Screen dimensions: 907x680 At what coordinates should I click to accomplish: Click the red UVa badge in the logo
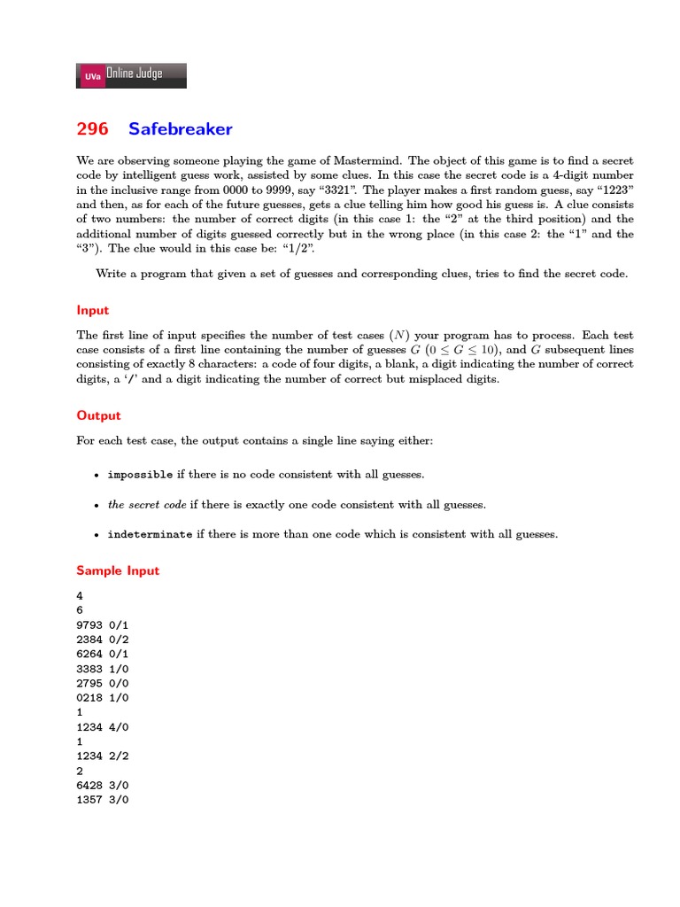point(92,77)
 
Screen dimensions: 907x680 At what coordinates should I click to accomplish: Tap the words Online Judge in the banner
point(134,74)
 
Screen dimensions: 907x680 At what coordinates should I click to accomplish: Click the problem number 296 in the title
point(92,129)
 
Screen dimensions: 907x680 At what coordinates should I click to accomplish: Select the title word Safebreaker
point(180,129)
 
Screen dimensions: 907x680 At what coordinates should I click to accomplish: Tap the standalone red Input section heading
point(93,311)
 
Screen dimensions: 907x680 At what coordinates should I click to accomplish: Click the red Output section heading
point(98,415)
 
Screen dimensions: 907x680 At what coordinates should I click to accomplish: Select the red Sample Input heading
point(118,570)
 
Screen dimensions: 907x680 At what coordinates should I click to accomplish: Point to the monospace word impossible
point(140,475)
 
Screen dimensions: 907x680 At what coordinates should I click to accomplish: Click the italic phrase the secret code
point(147,505)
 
